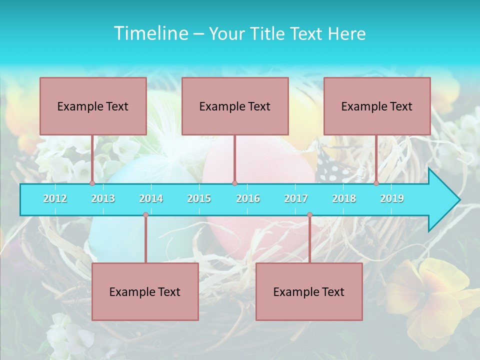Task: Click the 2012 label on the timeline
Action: point(55,198)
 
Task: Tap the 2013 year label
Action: point(103,198)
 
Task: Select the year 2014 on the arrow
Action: point(151,198)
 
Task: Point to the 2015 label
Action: point(199,198)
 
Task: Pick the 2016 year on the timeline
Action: point(248,198)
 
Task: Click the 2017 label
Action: point(296,198)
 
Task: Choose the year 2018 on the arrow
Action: point(344,198)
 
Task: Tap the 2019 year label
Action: point(392,198)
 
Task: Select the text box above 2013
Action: point(93,106)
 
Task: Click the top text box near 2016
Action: point(235,106)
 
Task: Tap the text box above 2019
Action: point(377,106)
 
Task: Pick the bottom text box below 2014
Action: point(145,291)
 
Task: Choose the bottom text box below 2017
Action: point(309,291)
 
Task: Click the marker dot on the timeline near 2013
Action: point(92,183)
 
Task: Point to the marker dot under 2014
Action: point(145,215)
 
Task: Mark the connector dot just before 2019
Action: point(376,183)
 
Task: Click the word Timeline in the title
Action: point(150,33)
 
